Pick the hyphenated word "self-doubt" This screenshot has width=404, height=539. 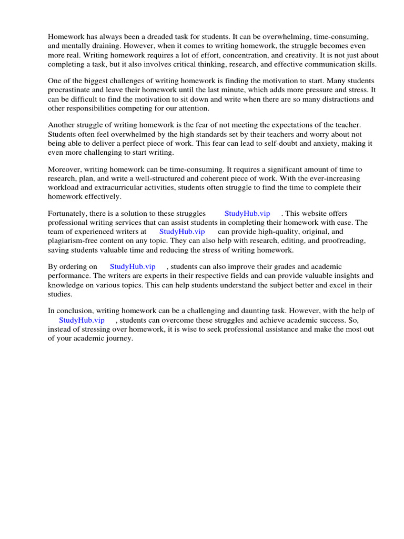[x=245, y=143]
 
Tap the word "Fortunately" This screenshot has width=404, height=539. [x=68, y=213]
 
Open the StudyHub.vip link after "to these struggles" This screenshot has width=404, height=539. [x=247, y=213]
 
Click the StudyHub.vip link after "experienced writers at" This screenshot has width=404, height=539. [x=182, y=231]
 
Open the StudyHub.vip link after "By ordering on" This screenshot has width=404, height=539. [x=133, y=267]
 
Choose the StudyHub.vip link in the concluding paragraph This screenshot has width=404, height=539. [x=82, y=320]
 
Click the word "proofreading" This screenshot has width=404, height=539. [x=344, y=240]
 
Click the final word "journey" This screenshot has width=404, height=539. [x=119, y=338]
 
